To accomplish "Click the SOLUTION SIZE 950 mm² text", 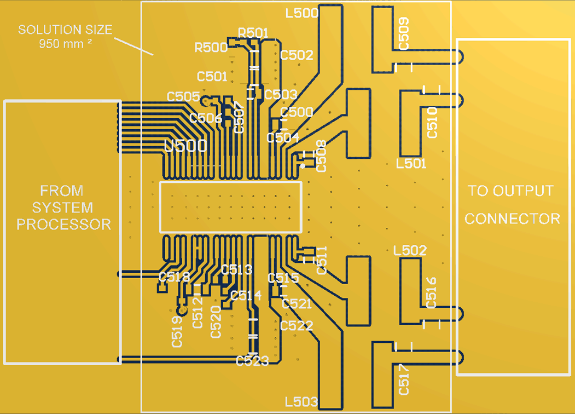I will click(x=65, y=36).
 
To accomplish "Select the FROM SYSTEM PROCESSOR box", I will click(x=62, y=232).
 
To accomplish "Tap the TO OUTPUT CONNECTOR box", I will click(x=513, y=206).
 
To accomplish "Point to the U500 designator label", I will click(x=185, y=146).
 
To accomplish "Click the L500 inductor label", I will click(x=302, y=13).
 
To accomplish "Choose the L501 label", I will click(x=411, y=163).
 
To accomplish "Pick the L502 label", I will click(x=410, y=251).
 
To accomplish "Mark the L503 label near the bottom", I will click(x=301, y=402).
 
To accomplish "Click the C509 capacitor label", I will click(x=404, y=34).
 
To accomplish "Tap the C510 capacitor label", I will click(x=432, y=122).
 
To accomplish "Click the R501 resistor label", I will click(x=254, y=33).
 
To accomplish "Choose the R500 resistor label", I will click(x=211, y=48).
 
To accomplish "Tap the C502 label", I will click(x=297, y=55).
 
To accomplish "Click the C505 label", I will click(x=183, y=97).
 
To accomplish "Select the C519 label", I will click(x=177, y=332).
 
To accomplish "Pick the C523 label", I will click(x=252, y=361).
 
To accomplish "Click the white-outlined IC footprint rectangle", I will click(x=230, y=206).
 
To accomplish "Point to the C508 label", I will click(x=321, y=156).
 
